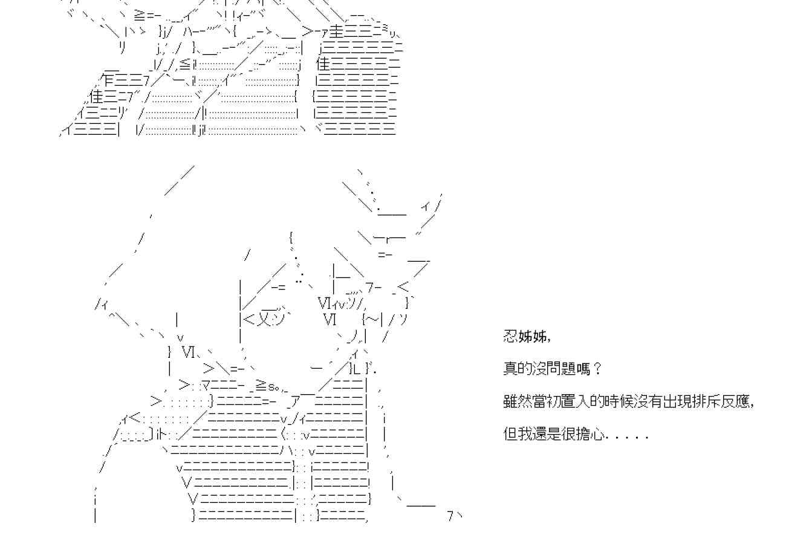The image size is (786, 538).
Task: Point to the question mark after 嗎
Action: coord(598,369)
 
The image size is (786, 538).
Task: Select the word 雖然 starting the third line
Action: coord(517,401)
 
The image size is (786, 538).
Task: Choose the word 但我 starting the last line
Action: coord(517,434)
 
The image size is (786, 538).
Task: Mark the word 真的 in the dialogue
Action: coord(517,369)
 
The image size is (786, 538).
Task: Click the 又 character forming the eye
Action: coord(266,317)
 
